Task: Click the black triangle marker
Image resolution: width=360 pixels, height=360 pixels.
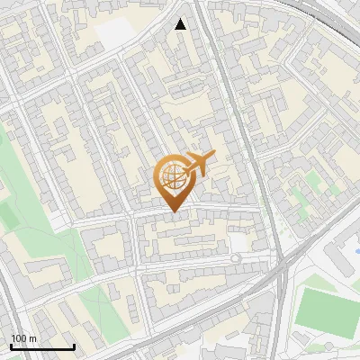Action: pos(181,24)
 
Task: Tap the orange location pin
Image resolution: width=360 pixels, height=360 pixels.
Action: pos(174,183)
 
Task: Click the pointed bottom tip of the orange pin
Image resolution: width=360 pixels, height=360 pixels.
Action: pos(174,211)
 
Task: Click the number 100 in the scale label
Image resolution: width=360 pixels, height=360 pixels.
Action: pos(19,338)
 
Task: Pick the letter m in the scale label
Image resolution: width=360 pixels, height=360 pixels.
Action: pos(32,338)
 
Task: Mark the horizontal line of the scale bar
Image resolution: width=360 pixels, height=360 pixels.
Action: pos(42,347)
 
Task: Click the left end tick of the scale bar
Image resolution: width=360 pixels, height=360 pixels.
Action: pos(11,346)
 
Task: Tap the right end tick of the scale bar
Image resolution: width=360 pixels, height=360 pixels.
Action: pos(74,346)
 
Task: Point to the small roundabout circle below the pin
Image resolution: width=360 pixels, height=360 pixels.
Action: pos(236,259)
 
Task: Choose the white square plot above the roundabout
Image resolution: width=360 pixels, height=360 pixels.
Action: pos(238,243)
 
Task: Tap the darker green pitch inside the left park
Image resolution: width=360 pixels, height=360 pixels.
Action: pos(9,212)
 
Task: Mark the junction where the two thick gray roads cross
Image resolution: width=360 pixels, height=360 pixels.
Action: pos(282,264)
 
